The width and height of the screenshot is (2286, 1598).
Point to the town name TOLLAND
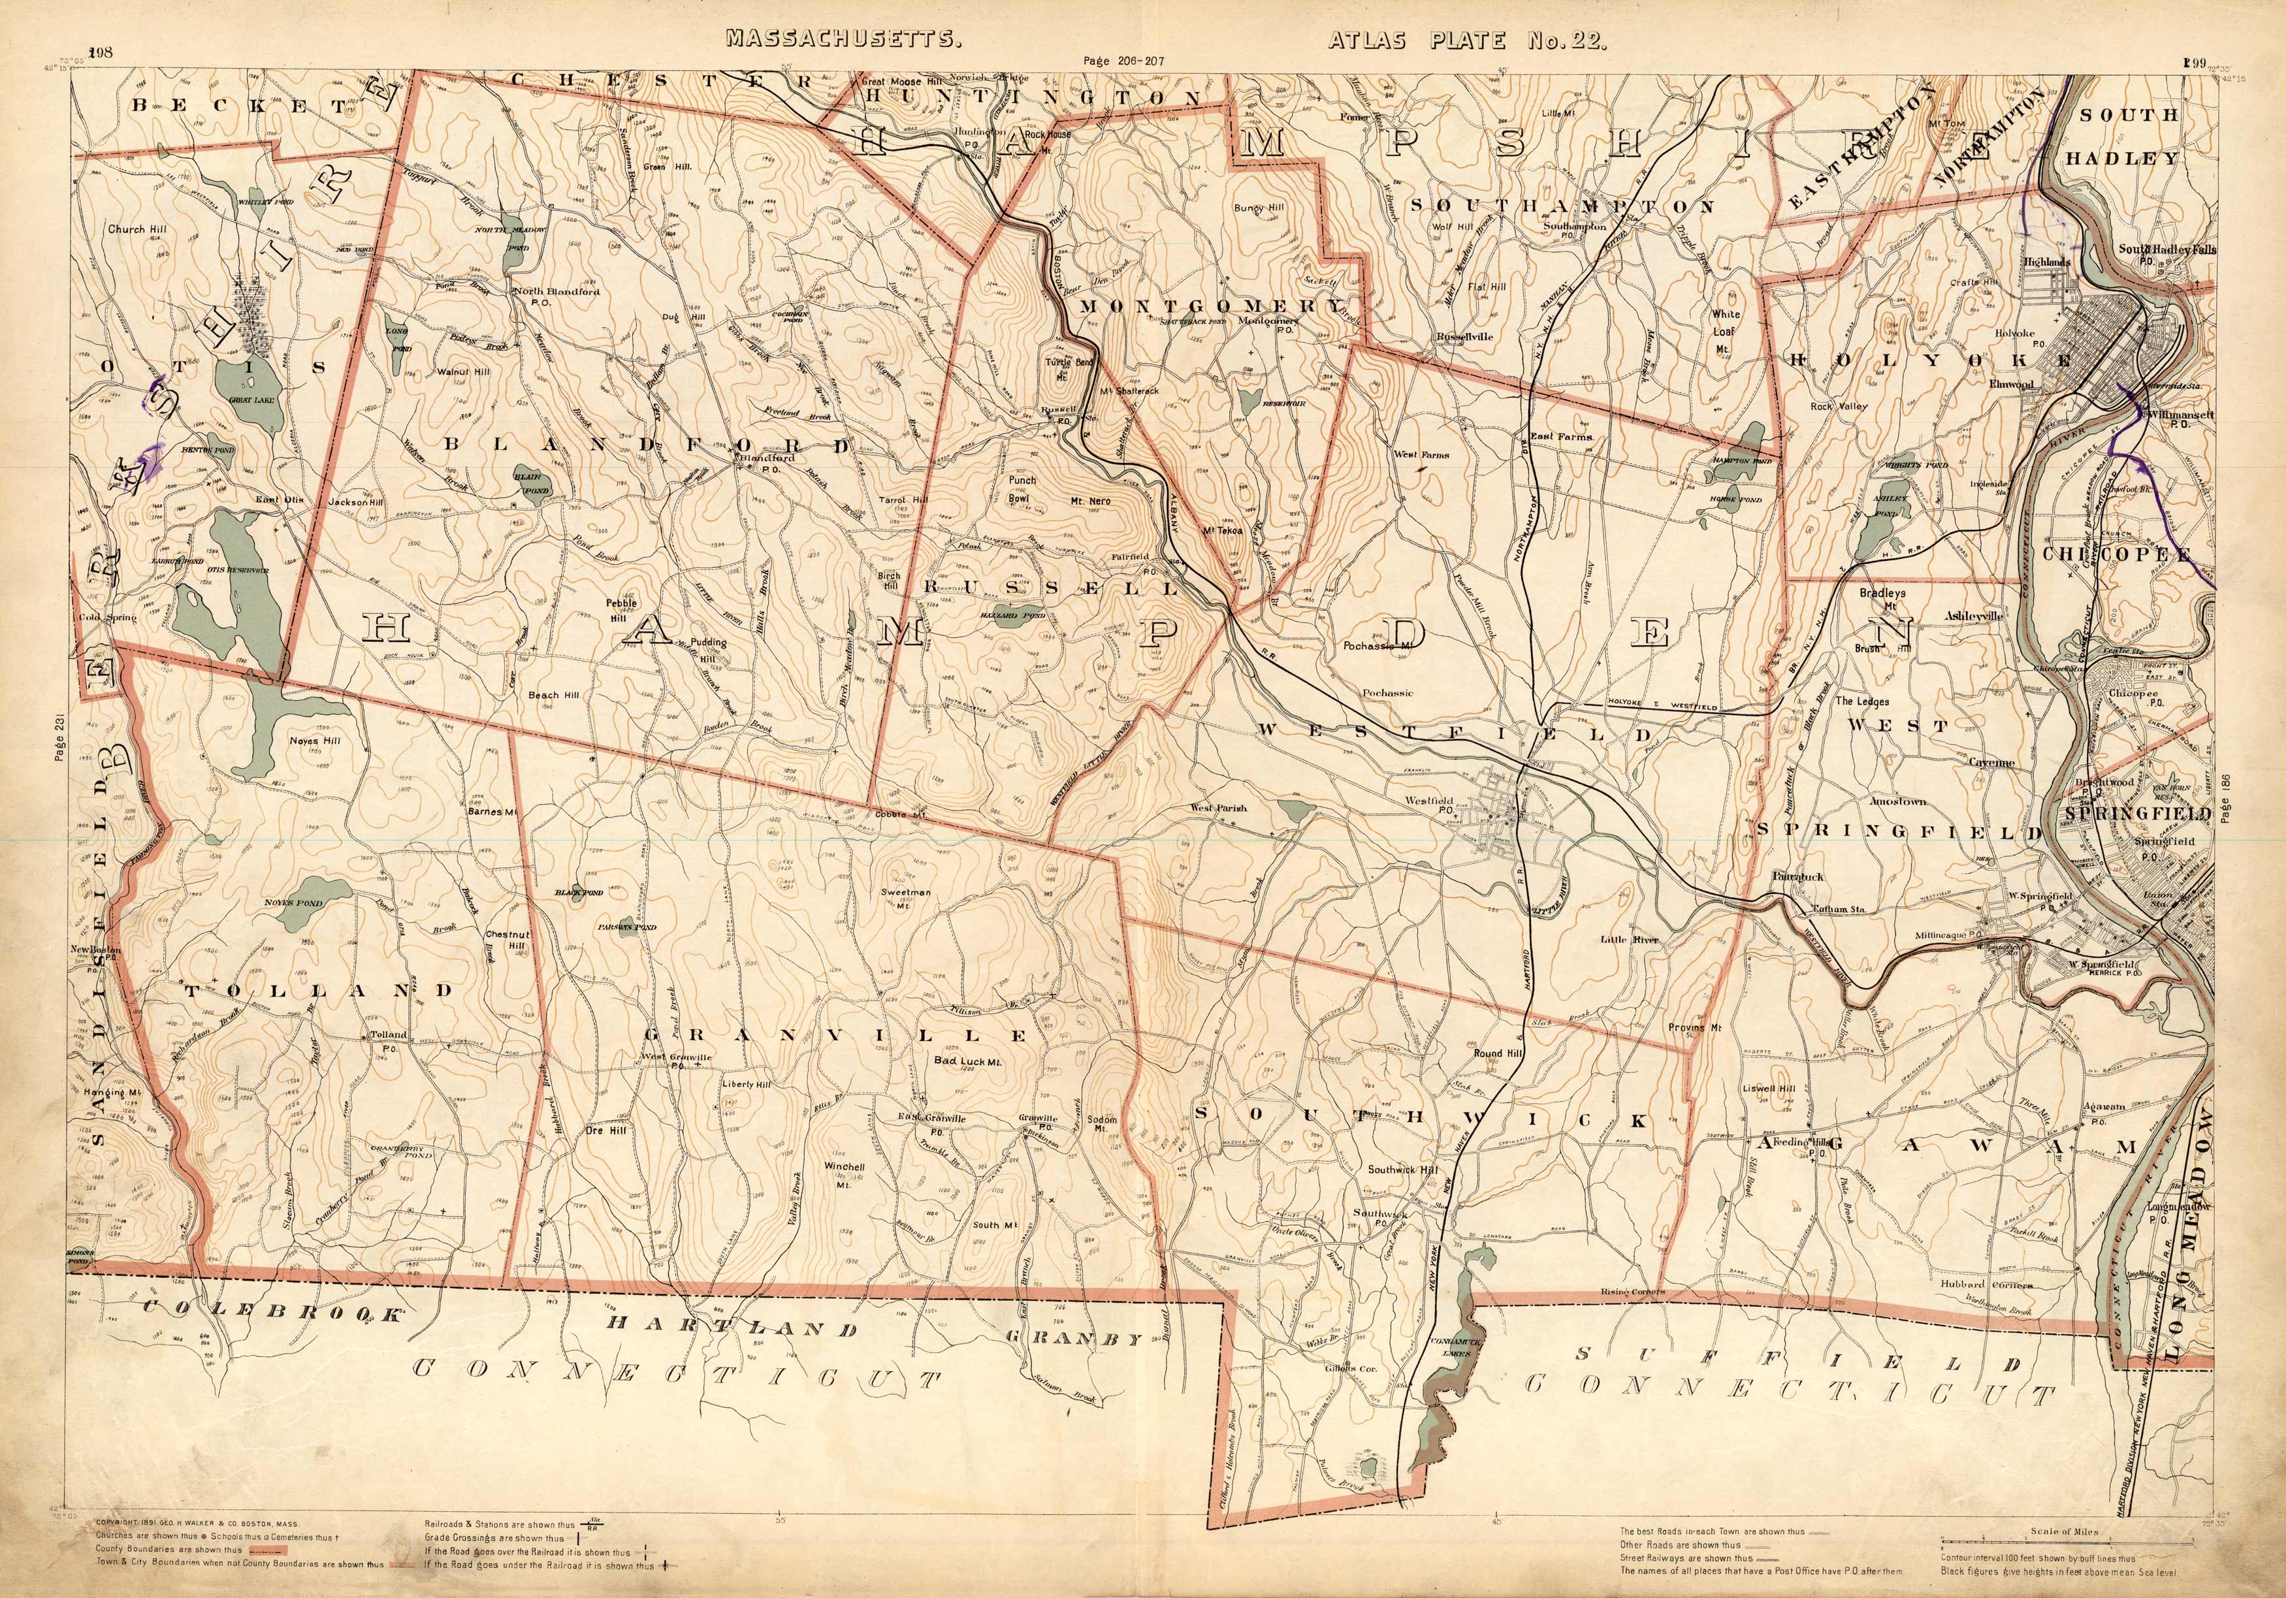(319, 991)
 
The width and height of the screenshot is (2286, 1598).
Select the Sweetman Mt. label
(906, 899)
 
